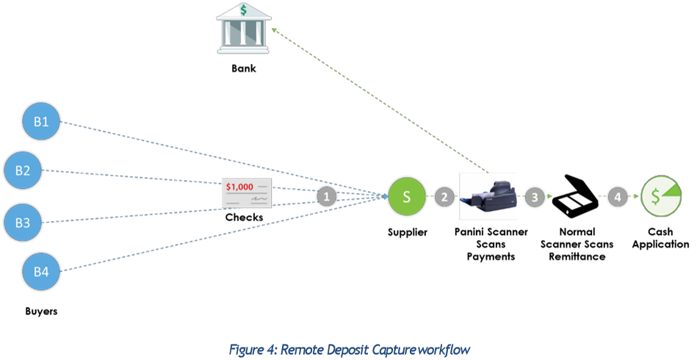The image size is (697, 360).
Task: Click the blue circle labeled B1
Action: click(41, 122)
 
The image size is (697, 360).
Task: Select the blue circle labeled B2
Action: click(23, 170)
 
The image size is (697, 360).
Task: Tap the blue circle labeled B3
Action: click(23, 223)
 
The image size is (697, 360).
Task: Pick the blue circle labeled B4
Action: click(41, 272)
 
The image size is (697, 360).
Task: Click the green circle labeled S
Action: click(407, 196)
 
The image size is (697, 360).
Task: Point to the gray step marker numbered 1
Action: click(327, 196)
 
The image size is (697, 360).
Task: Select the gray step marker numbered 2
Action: click(444, 196)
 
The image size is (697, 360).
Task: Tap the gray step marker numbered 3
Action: click(534, 197)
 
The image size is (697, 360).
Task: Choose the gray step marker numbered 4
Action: click(617, 197)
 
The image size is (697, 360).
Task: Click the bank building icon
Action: click(242, 29)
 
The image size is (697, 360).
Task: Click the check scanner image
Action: click(488, 196)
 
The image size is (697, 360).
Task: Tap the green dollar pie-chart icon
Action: click(660, 196)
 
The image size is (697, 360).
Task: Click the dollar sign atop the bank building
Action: click(242, 11)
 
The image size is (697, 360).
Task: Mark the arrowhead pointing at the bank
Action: click(273, 30)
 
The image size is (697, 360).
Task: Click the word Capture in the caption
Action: click(389, 348)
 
